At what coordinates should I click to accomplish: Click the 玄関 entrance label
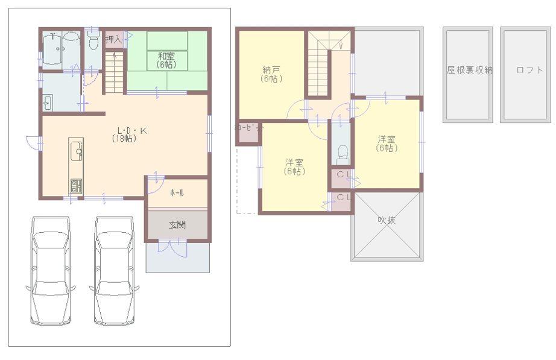pyautogui.click(x=177, y=225)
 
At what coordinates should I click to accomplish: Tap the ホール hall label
pyautogui.click(x=177, y=193)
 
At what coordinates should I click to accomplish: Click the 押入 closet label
pyautogui.click(x=113, y=39)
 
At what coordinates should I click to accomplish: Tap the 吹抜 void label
pyautogui.click(x=387, y=220)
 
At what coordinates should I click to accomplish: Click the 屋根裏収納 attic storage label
pyautogui.click(x=469, y=70)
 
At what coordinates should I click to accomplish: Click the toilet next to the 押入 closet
pyautogui.click(x=92, y=42)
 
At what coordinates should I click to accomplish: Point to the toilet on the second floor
pyautogui.click(x=341, y=154)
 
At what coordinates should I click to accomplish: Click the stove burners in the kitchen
pyautogui.click(x=75, y=186)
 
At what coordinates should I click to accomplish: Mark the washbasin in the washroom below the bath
pyautogui.click(x=49, y=103)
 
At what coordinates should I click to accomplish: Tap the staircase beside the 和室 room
pyautogui.click(x=113, y=71)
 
